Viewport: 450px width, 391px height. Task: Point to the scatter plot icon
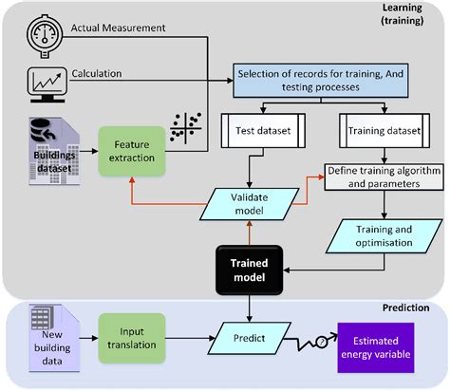[x=185, y=132]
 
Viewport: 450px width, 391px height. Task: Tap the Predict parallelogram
[x=250, y=337]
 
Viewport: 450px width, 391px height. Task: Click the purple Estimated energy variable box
[x=389, y=346]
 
